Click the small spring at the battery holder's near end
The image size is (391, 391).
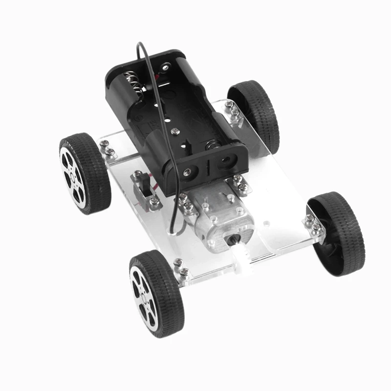coord(211,145)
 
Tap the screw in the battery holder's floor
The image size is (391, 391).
coord(174,131)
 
